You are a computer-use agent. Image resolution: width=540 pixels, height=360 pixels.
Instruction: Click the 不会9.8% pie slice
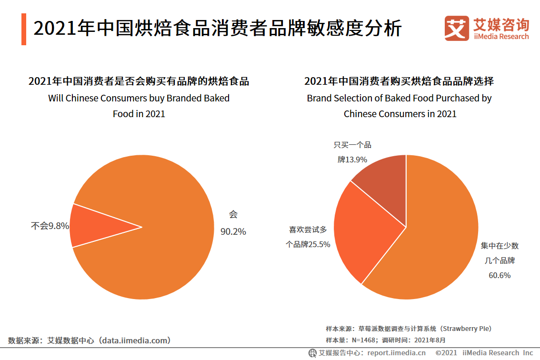point(95,226)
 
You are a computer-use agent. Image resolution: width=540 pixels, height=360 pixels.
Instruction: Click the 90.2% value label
point(233,232)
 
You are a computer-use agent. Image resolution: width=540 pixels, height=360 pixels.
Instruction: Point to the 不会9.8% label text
point(50,226)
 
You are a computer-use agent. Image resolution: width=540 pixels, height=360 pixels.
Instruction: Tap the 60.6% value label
point(500,275)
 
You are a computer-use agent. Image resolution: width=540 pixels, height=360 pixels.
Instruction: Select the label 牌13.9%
point(352,160)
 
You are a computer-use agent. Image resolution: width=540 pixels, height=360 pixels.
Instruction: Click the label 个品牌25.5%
point(308,244)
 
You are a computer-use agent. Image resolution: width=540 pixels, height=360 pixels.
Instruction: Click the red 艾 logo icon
point(457,29)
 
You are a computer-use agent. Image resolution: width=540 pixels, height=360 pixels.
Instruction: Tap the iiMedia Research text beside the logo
point(501,37)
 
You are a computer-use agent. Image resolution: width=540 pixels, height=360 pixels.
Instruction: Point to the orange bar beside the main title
point(24,30)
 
